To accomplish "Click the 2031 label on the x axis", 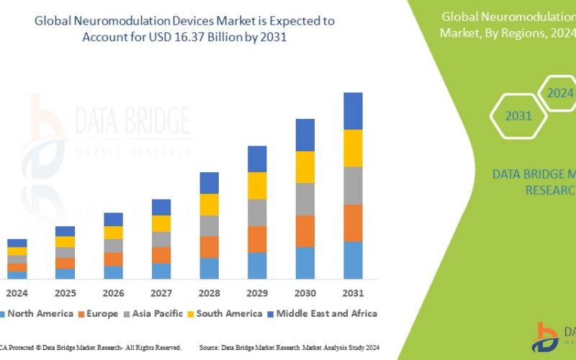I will point(353,294).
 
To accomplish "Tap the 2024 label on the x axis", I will point(17,294).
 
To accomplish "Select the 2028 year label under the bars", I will point(209,294).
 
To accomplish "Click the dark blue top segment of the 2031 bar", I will point(353,111).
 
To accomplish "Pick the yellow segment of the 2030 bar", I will point(305,166).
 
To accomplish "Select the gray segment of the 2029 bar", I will point(257,212).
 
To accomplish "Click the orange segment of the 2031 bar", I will point(353,222).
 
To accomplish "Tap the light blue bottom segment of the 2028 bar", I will point(209,268).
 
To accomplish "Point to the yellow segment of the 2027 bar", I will point(161,223).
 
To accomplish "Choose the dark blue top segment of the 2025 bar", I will point(66,231).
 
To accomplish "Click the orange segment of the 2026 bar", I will point(113,258).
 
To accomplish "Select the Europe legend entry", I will point(99,313).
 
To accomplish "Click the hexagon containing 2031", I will point(518,116).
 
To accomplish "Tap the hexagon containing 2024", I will point(559,93).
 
